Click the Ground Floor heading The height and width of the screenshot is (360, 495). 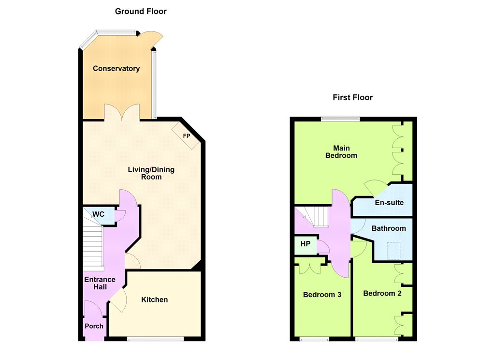pyautogui.click(x=141, y=12)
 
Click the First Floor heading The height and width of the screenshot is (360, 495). pyautogui.click(x=352, y=97)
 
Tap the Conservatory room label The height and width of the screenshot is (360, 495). pyautogui.click(x=116, y=69)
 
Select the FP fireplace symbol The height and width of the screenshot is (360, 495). pyautogui.click(x=186, y=135)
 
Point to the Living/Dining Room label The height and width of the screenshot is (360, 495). pyautogui.click(x=151, y=173)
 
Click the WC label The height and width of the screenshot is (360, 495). pyautogui.click(x=98, y=214)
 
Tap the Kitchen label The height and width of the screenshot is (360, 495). pyautogui.click(x=154, y=300)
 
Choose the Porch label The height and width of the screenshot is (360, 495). pyautogui.click(x=94, y=326)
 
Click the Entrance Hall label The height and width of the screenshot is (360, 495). pyautogui.click(x=100, y=283)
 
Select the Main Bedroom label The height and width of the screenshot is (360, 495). pyautogui.click(x=341, y=152)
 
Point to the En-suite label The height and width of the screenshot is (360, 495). pyautogui.click(x=389, y=203)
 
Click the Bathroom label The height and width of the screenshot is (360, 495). pyautogui.click(x=389, y=228)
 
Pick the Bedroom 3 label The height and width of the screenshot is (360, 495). pyautogui.click(x=322, y=295)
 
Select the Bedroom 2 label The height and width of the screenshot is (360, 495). pyautogui.click(x=382, y=293)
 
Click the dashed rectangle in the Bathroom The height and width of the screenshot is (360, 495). pyautogui.click(x=393, y=251)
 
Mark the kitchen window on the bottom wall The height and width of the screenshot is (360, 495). pyautogui.click(x=155, y=339)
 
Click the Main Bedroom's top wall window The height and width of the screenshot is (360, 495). pyautogui.click(x=340, y=119)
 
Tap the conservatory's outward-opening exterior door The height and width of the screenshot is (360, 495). pyautogui.click(x=151, y=38)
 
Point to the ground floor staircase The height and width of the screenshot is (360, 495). pyautogui.click(x=93, y=240)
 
